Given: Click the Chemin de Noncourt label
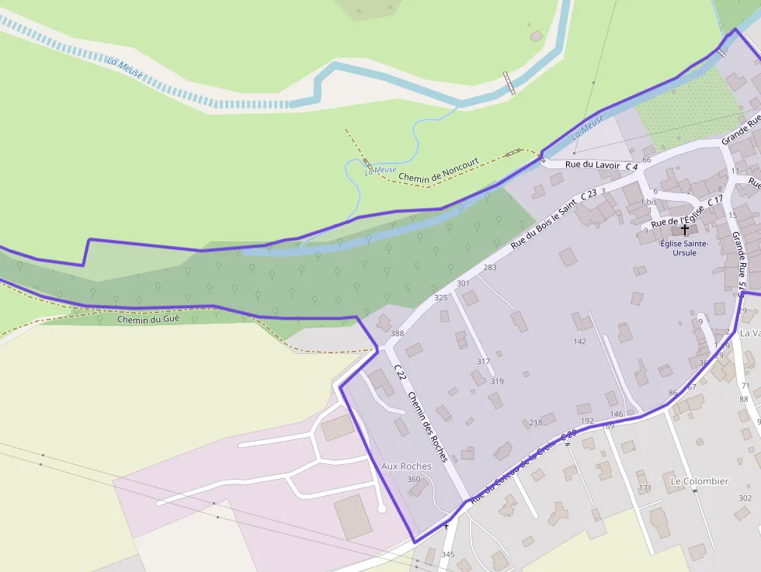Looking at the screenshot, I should (439, 171).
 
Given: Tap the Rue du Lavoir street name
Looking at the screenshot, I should (592, 165).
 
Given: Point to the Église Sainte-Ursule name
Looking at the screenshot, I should (684, 248).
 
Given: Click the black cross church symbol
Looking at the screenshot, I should (684, 229).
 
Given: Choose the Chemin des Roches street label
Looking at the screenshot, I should (428, 425).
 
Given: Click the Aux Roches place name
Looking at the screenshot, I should (406, 466).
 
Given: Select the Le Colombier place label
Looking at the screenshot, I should (699, 481).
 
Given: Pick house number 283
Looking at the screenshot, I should (490, 268).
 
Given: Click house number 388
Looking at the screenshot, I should (397, 334).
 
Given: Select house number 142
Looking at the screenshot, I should (579, 341).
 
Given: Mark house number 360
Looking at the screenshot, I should (413, 480).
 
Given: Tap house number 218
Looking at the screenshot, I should (535, 423).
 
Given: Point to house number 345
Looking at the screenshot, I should (447, 554).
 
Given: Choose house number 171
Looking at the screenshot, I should (645, 488).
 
